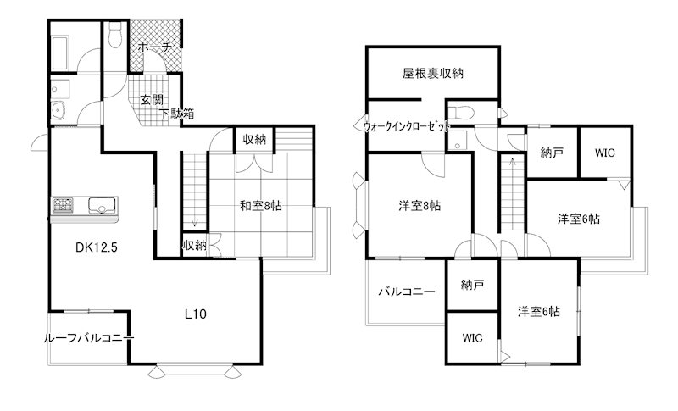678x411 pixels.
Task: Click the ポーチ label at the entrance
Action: [153, 47]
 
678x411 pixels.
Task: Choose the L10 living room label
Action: [197, 314]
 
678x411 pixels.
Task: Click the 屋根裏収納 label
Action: [432, 73]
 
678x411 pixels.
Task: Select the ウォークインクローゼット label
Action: [406, 126]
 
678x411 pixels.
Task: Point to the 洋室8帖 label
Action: [420, 206]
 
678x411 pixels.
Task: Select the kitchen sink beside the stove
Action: [101, 205]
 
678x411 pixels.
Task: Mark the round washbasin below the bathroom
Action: [59, 110]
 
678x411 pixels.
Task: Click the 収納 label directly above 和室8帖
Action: [252, 140]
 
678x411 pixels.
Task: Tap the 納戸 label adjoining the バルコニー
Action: [473, 286]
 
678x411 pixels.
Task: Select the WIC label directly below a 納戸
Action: [473, 337]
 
